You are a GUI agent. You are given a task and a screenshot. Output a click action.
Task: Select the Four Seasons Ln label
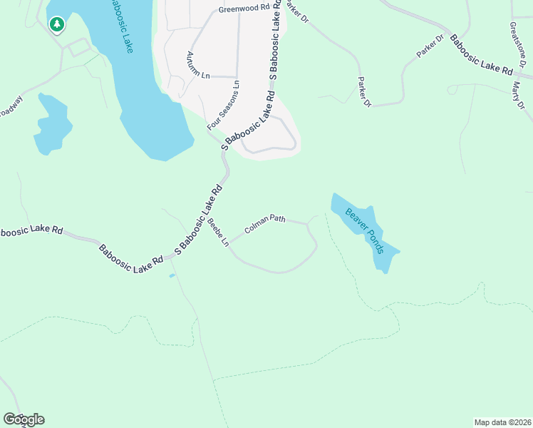click(224, 105)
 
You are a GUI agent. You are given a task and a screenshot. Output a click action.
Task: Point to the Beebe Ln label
click(218, 233)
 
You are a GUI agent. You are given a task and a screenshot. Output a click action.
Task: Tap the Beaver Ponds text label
click(365, 230)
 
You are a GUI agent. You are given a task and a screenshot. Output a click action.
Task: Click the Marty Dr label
click(518, 95)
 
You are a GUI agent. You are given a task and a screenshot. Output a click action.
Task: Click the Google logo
click(24, 419)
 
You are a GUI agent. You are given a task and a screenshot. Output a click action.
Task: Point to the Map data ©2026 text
click(502, 422)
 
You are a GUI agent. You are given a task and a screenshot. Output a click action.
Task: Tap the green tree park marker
click(57, 25)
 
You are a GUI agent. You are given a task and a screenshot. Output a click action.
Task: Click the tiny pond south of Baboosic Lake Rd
click(171, 275)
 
